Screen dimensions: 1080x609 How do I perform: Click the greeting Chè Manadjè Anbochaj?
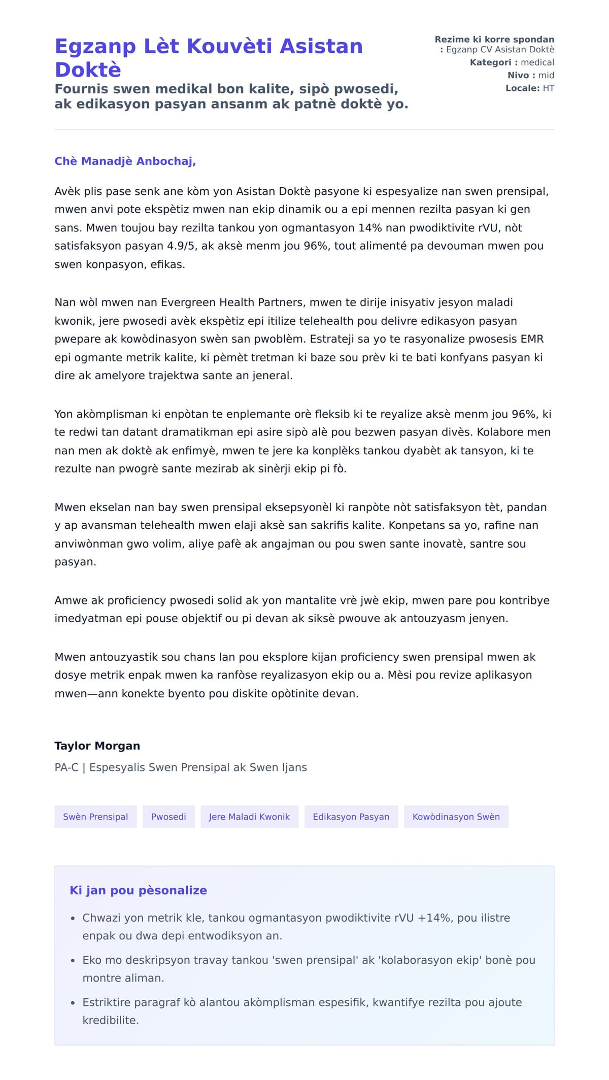tap(125, 161)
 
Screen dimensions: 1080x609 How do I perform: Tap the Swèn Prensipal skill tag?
tap(95, 817)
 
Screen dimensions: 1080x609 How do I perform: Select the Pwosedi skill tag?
tap(168, 817)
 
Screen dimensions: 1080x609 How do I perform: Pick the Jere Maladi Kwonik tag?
tap(249, 817)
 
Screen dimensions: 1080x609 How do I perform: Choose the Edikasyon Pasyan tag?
tap(351, 817)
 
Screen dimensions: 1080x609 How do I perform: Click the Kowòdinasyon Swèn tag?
tap(456, 817)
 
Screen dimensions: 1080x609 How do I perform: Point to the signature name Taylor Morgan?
tap(97, 746)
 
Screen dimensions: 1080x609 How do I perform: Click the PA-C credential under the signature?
tap(66, 767)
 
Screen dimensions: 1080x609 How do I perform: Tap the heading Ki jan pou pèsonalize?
tap(139, 890)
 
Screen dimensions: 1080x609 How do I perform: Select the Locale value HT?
tap(548, 88)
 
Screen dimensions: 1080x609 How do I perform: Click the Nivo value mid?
tap(546, 75)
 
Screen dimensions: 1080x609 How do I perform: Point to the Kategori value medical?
tap(537, 62)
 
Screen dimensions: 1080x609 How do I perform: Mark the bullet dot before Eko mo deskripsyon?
tap(73, 961)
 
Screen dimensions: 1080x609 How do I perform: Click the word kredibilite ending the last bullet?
tap(110, 1020)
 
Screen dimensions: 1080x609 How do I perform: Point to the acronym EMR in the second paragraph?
tap(532, 339)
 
